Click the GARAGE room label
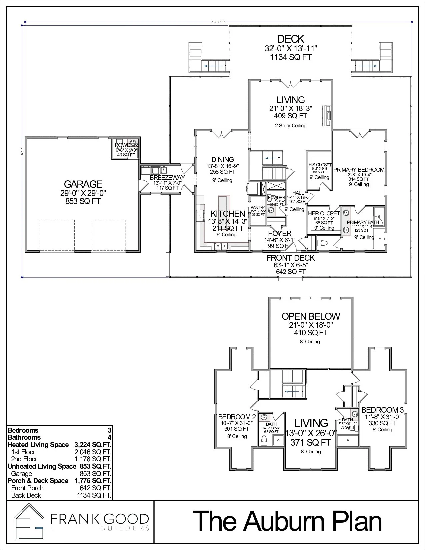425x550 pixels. [83, 184]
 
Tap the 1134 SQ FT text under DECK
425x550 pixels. [290, 57]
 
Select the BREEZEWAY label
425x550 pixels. [167, 178]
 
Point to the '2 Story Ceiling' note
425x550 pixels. [291, 126]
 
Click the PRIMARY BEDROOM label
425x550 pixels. [359, 170]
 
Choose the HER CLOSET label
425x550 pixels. [324, 213]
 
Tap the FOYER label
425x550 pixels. [280, 233]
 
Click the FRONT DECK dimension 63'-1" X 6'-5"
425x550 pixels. [291, 265]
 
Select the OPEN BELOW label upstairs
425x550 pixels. [311, 316]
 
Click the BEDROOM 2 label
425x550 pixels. [237, 417]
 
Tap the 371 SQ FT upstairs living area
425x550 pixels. [311, 443]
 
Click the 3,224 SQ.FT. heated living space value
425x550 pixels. [90, 445]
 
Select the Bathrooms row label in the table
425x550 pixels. [24, 437]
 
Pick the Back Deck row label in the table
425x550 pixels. [26, 495]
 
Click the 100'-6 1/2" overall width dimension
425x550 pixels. [218, 22]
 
